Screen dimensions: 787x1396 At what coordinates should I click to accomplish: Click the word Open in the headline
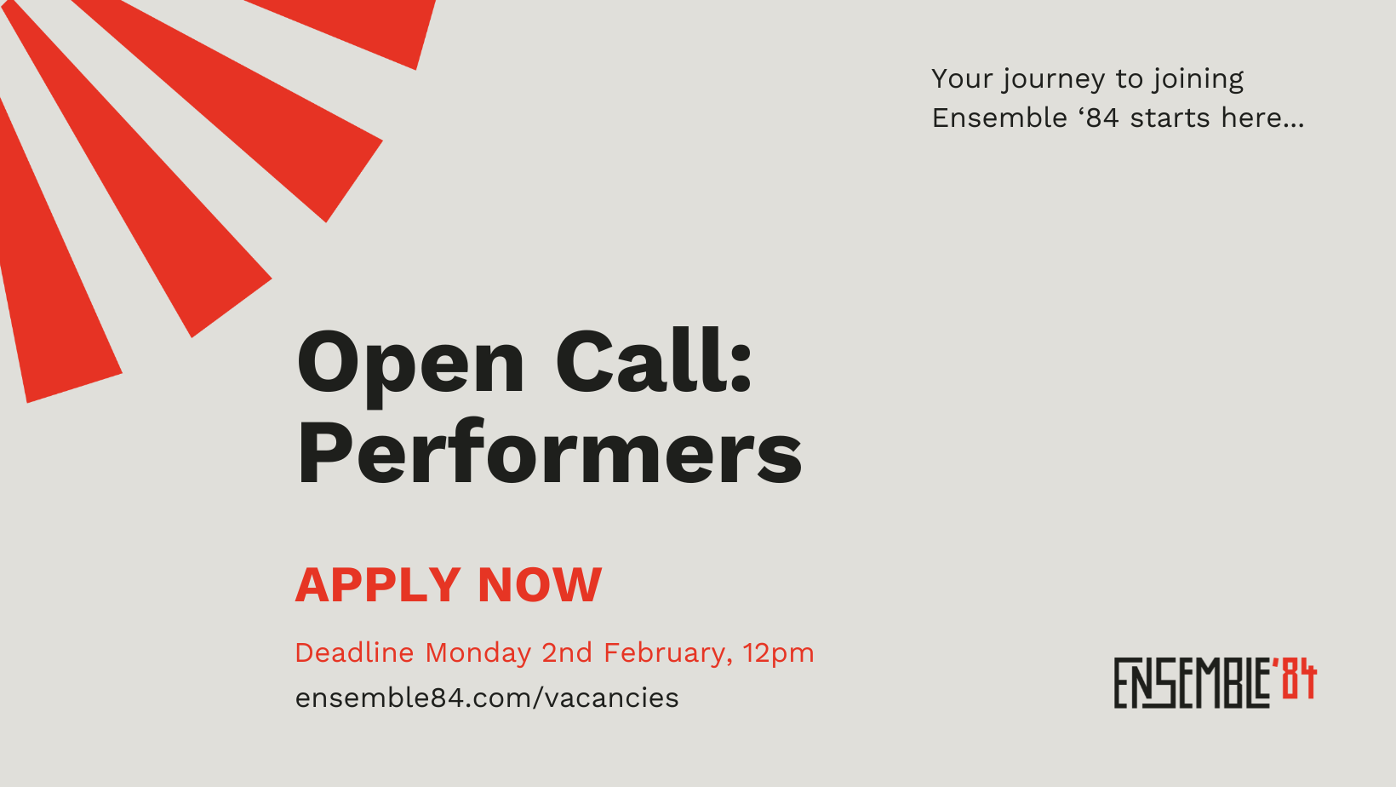[x=410, y=364]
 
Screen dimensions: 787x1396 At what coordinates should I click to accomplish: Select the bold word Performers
[x=549, y=453]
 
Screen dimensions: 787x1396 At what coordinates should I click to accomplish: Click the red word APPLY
[x=378, y=585]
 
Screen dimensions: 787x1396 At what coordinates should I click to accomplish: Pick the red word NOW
[x=540, y=585]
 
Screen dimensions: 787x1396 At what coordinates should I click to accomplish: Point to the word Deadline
[x=354, y=652]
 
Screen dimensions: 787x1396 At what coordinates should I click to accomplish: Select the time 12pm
[x=778, y=653]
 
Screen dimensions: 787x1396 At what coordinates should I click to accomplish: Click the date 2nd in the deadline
[x=567, y=652]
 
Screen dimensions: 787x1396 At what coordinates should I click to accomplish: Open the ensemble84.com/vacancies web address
[x=487, y=698]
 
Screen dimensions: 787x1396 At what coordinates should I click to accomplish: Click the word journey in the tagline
[x=1054, y=80]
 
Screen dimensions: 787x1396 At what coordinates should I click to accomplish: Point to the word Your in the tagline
[x=962, y=78]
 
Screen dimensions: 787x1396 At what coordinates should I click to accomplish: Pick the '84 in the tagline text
[x=1098, y=118]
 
